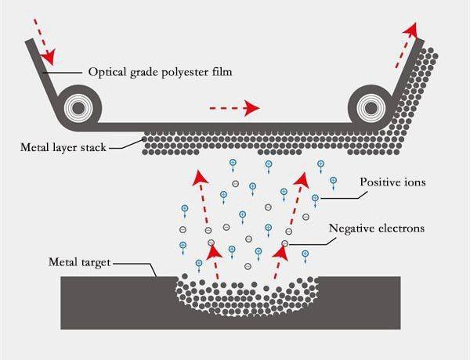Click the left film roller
78,103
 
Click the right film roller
368,103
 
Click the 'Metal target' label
78,263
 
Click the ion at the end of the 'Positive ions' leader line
315,198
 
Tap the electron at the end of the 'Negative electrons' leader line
285,244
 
